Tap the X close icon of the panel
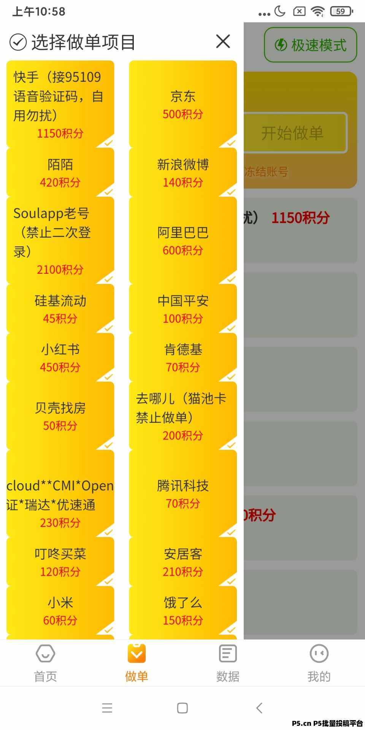click(223, 41)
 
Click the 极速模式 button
click(311, 45)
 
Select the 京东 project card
click(183, 104)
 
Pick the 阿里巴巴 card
click(183, 240)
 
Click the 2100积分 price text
click(60, 270)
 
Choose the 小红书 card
click(60, 357)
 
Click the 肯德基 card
click(183, 357)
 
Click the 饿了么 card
click(183, 611)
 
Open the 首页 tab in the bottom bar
click(46, 663)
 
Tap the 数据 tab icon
click(228, 654)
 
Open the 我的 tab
click(319, 663)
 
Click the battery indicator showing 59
click(341, 11)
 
